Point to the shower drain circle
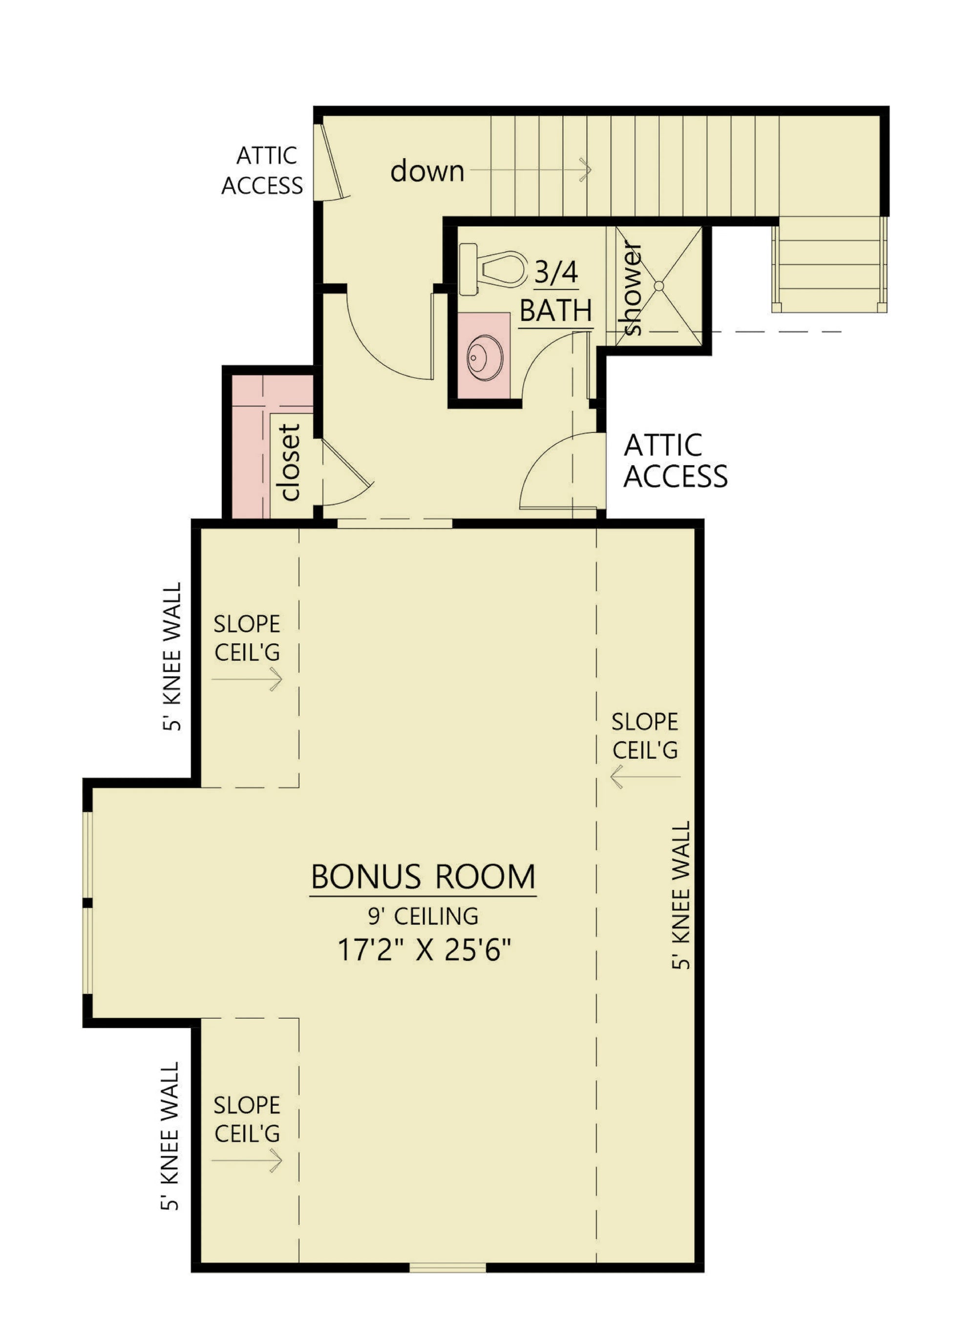tap(659, 286)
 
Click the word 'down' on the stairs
tap(427, 171)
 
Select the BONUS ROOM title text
tap(424, 877)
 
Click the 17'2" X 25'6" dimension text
tap(424, 950)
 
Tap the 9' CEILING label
tap(424, 916)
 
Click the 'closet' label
tap(290, 463)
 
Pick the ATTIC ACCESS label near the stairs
tap(263, 171)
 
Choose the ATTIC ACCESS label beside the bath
tap(675, 462)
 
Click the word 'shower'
tap(632, 288)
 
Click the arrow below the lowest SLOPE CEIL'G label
tap(247, 1161)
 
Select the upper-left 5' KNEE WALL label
tap(171, 657)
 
